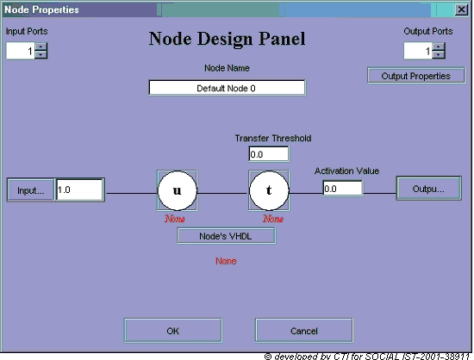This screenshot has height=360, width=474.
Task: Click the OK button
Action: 173,331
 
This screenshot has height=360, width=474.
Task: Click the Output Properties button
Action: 416,76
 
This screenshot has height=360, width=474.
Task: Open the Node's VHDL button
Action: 226,236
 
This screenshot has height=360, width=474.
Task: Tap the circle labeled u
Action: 178,190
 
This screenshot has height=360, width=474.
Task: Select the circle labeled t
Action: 269,190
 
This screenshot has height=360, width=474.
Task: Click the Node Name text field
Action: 227,88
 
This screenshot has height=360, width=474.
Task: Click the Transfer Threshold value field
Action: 268,154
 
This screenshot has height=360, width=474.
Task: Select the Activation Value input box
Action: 342,189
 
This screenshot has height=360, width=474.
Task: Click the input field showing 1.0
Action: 79,189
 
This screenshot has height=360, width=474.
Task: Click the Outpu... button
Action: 428,189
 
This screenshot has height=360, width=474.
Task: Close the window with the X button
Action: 461,9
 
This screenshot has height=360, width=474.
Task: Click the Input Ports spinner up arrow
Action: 41,47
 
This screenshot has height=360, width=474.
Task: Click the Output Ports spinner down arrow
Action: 439,54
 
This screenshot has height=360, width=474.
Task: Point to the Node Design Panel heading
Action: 227,39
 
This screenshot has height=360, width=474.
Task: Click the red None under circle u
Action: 175,219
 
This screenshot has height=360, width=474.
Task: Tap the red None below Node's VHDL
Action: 226,261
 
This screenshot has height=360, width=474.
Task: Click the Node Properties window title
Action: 41,9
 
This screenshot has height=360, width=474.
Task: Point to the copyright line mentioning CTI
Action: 366,357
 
